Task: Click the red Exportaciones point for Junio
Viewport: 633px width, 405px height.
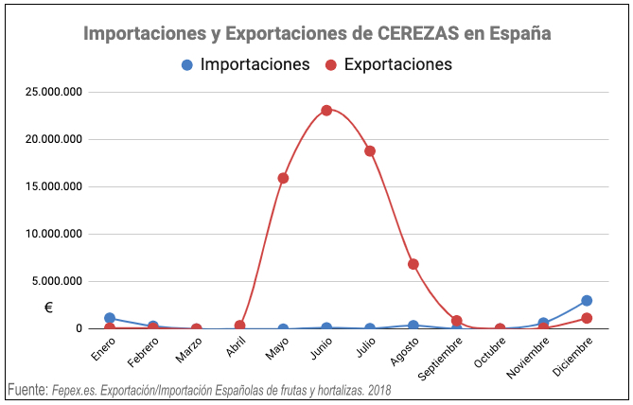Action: (x=326, y=110)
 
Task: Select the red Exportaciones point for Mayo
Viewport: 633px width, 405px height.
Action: (x=283, y=178)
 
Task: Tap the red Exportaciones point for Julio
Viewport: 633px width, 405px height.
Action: (x=370, y=151)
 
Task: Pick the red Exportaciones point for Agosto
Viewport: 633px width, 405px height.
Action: (x=413, y=264)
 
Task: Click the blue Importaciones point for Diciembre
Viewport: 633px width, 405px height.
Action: (x=587, y=301)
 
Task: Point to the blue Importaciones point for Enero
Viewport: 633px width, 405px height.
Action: (x=110, y=319)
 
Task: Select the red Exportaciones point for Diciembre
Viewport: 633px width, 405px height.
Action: (x=587, y=318)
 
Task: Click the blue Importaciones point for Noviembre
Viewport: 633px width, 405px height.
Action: (x=543, y=323)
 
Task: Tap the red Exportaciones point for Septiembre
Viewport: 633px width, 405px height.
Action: (x=457, y=321)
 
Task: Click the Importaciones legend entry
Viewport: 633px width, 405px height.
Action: (x=245, y=65)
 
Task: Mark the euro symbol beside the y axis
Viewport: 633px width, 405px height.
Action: (x=49, y=308)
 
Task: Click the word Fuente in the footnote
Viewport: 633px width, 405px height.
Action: (x=27, y=390)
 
